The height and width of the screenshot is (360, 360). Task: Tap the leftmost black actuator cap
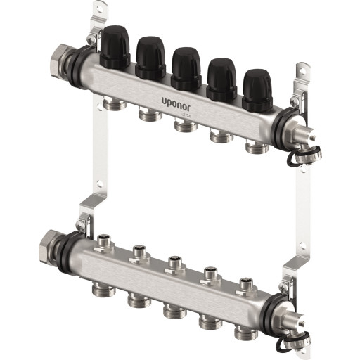pyautogui.click(x=114, y=46)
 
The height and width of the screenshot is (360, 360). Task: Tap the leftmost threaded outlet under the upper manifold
pyautogui.click(x=113, y=104)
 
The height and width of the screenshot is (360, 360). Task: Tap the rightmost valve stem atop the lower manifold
pyautogui.click(x=244, y=283)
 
